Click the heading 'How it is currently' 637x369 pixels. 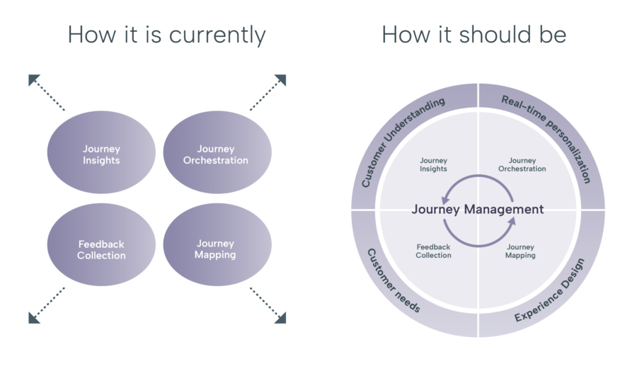click(166, 35)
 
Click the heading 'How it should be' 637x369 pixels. click(474, 35)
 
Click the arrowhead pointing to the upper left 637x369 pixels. click(33, 79)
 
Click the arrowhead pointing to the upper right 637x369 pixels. click(281, 79)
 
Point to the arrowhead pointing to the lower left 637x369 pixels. click(33, 318)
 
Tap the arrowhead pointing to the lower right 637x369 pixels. click(281, 318)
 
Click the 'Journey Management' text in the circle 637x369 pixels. click(478, 209)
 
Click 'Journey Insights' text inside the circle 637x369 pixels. click(433, 165)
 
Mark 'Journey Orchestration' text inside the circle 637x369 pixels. click(522, 165)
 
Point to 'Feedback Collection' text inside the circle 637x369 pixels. click(433, 251)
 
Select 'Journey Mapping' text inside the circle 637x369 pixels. click(520, 251)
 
